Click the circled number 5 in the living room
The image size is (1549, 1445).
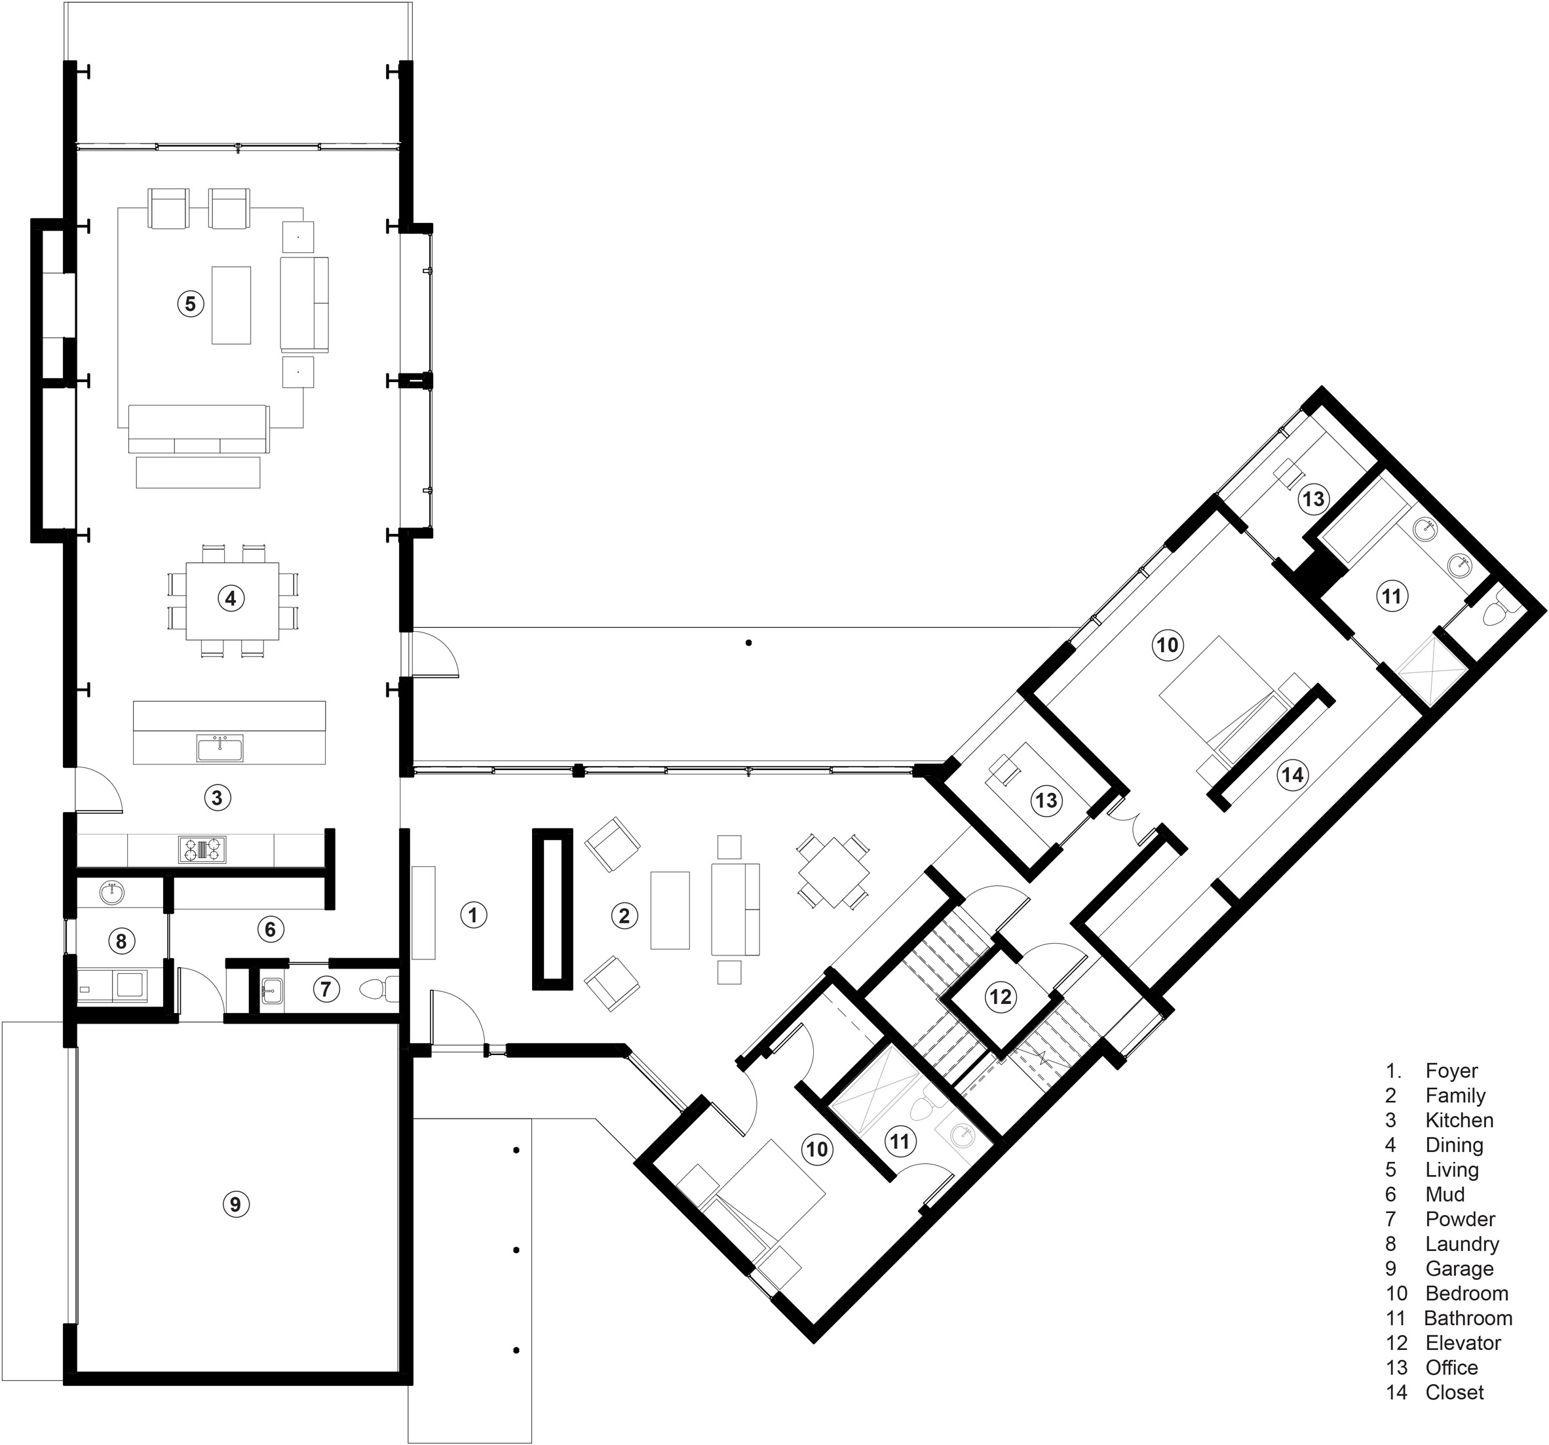[x=190, y=303]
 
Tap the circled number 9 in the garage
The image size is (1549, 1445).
[x=236, y=1204]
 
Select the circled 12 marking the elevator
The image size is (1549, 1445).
[x=1001, y=996]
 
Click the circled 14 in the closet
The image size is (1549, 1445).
[x=1292, y=775]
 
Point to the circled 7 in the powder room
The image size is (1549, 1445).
[x=326, y=990]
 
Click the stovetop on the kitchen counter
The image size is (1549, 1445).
[x=202, y=849]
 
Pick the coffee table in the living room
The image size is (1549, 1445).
[x=231, y=305]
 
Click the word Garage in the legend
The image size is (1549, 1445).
[x=1459, y=1268]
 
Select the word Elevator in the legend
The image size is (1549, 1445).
[x=1463, y=1343]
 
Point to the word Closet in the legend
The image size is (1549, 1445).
[x=1454, y=1392]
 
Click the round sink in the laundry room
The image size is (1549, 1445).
[x=114, y=893]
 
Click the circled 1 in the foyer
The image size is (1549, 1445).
[x=473, y=914]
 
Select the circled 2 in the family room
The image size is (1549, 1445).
[x=623, y=915]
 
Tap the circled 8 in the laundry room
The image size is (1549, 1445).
[x=120, y=942]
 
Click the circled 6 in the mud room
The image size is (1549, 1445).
[x=269, y=928]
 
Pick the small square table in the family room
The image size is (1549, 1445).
[x=832, y=868]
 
